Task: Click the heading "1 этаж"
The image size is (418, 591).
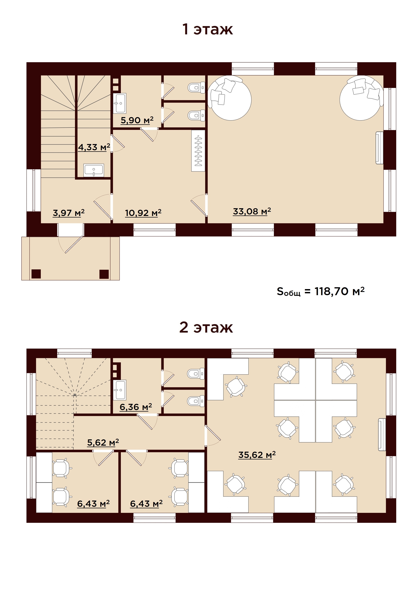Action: coord(207,29)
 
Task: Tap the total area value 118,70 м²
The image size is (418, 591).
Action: coord(339,291)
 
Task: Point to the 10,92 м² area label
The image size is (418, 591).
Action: coord(143,213)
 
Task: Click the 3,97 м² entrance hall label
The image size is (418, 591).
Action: coord(68,213)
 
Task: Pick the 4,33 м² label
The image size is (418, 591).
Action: coord(94,147)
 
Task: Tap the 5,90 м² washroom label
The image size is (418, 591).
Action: coord(137,120)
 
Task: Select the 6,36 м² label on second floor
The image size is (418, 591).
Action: coord(136,407)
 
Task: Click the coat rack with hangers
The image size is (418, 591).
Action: coord(198,151)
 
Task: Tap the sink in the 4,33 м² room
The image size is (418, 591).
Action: coord(94,170)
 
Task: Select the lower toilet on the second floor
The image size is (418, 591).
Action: coord(196,401)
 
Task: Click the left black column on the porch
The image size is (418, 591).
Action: coord(36,274)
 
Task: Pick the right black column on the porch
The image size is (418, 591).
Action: coord(104,274)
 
